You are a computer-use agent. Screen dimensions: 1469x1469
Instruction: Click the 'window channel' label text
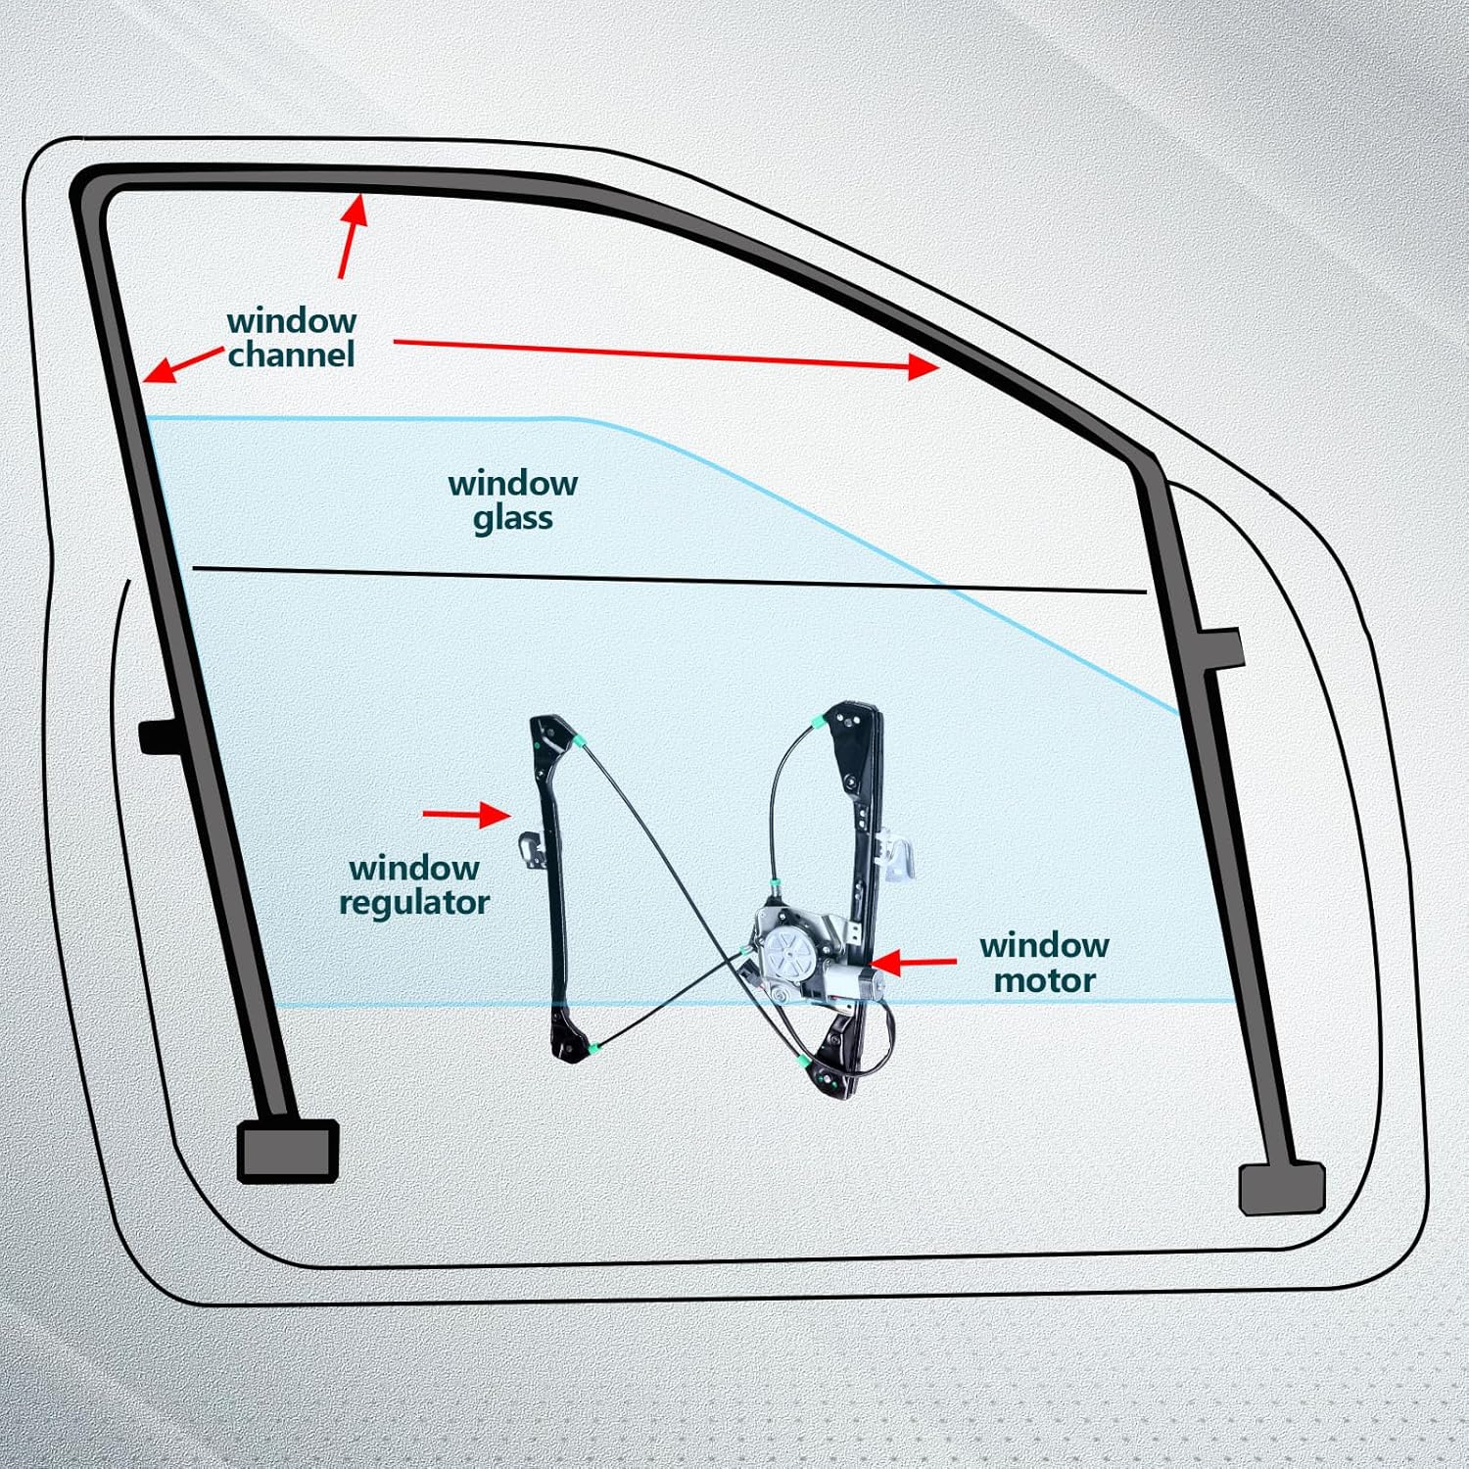[x=292, y=337]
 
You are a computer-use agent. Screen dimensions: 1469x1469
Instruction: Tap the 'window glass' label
[x=512, y=499]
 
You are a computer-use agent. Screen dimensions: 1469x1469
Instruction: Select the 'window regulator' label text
[x=413, y=884]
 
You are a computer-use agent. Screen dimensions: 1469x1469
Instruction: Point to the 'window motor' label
[x=1044, y=963]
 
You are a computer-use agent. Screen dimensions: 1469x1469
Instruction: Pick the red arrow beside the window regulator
[x=466, y=814]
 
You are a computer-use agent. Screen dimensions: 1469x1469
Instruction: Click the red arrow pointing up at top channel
[x=352, y=236]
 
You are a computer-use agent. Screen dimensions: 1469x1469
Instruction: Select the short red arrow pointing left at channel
[x=182, y=364]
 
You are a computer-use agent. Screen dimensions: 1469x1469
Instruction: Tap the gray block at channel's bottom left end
[x=288, y=1150]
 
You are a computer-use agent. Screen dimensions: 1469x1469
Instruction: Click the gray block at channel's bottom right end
[x=1281, y=1188]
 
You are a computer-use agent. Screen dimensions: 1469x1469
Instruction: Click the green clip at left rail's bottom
[x=594, y=1050]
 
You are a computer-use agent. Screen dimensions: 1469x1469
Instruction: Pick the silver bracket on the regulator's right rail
[x=898, y=853]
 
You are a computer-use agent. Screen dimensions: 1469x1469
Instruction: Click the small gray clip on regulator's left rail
[x=530, y=849]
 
